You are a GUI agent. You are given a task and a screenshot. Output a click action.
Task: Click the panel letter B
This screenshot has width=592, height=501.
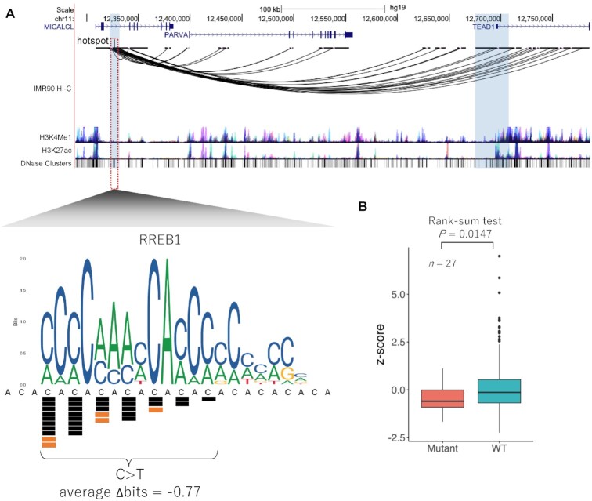(x=363, y=208)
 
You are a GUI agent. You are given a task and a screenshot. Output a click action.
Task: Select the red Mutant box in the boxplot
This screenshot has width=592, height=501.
(x=442, y=398)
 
